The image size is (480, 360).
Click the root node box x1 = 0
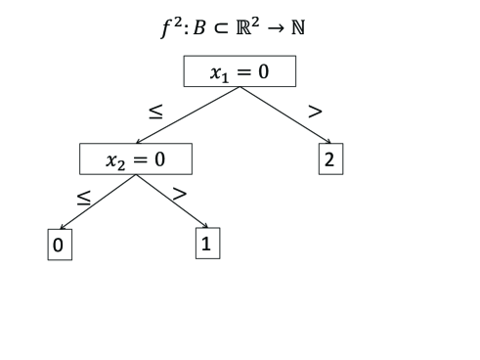[240, 71]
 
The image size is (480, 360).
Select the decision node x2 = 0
[136, 158]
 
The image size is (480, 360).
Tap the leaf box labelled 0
[59, 245]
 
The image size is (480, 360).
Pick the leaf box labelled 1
[207, 244]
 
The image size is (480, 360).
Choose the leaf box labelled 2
[330, 159]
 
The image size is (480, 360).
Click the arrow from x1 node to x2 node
[188, 115]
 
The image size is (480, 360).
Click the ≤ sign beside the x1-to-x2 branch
[155, 112]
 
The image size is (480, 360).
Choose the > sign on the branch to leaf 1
[179, 193]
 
